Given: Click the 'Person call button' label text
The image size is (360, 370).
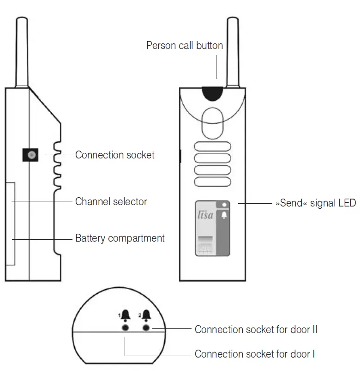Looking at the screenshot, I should (184, 45).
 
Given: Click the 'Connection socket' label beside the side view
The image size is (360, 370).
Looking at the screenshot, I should (115, 155).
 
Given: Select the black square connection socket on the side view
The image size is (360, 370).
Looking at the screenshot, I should (31, 155).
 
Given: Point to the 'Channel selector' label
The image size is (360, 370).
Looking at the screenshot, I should (111, 201).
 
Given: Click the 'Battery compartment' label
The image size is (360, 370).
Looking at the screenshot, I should (120, 238).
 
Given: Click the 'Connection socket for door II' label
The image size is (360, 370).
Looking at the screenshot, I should (256, 329).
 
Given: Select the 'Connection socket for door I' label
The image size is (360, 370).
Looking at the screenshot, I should (255, 354).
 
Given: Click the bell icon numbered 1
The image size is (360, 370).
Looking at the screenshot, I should (126, 316).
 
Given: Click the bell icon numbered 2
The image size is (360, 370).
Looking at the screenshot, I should (147, 316).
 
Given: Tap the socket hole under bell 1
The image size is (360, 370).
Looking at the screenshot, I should (125, 327).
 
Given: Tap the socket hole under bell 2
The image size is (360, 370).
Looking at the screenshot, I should (147, 327).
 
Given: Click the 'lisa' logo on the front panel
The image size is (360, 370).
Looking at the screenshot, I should (205, 215).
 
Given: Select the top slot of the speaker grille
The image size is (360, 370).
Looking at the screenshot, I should (212, 147).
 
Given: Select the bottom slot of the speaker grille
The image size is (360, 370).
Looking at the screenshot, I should (212, 181).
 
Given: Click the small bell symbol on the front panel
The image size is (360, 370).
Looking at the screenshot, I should (224, 215).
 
